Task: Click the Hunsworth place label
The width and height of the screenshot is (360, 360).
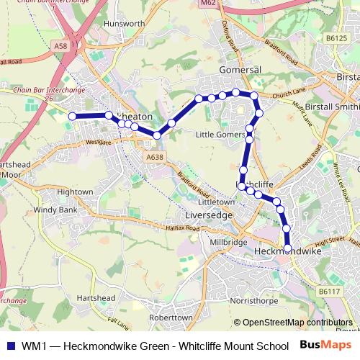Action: [x=125, y=43]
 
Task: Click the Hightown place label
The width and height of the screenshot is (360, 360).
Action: [x=75, y=192]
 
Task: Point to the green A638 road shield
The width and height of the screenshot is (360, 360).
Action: [x=153, y=156]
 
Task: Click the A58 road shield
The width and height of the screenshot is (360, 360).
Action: [x=60, y=45]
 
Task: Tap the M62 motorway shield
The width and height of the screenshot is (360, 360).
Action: [x=209, y=4]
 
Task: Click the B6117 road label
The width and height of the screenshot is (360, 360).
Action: [x=330, y=292]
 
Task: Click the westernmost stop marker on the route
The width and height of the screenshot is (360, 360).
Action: [x=72, y=116]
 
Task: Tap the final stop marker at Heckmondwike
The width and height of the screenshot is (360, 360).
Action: [x=288, y=248]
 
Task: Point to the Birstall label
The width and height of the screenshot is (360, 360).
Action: [x=348, y=76]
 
